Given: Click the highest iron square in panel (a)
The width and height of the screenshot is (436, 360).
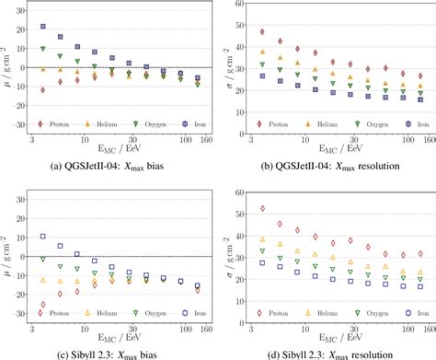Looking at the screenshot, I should click(x=43, y=28).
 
